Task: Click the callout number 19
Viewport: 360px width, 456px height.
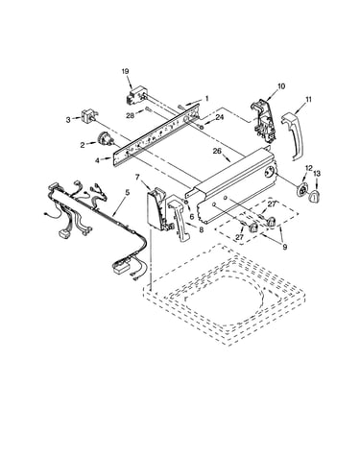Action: click(x=125, y=71)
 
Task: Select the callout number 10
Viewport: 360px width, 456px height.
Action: click(x=281, y=86)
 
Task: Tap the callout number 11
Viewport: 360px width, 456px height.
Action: click(x=308, y=99)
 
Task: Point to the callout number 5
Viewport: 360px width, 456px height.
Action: click(x=128, y=192)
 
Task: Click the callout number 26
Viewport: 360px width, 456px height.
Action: click(x=217, y=151)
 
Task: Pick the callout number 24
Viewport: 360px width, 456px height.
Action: click(x=219, y=117)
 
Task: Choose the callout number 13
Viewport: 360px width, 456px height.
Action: click(x=317, y=173)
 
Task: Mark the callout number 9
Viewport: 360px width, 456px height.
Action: click(x=285, y=247)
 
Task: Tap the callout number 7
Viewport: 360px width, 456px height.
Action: click(x=137, y=177)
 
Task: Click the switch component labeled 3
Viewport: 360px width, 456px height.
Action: click(x=88, y=116)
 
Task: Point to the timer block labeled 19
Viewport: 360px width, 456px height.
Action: click(x=136, y=95)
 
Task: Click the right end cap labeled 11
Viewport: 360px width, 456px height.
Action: click(x=292, y=135)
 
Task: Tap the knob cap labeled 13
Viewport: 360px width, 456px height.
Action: click(x=315, y=196)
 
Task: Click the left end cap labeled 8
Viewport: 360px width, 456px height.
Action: click(x=180, y=218)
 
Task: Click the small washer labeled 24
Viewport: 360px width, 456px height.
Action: click(x=202, y=128)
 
